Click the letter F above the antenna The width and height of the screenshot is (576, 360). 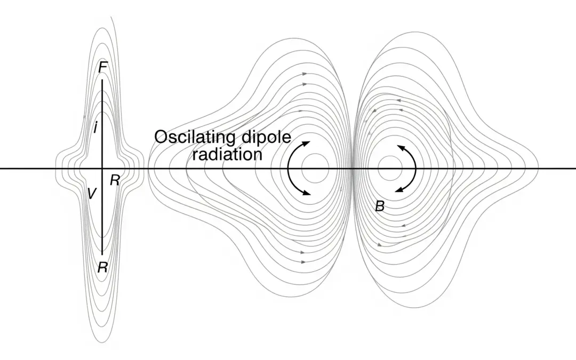103,68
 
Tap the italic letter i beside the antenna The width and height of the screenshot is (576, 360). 95,128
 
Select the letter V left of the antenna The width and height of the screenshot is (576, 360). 91,194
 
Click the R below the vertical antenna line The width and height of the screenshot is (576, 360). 103,267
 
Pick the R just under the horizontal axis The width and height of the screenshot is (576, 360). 115,180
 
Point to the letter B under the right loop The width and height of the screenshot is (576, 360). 380,206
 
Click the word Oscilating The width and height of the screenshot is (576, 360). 194,138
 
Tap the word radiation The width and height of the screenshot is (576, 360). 227,154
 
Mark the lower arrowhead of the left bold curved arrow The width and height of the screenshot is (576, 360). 307,194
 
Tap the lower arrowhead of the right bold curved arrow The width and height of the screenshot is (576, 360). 397,190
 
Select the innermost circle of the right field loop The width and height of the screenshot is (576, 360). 390,169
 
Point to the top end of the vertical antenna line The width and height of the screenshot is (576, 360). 102,80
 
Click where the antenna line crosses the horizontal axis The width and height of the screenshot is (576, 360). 102,169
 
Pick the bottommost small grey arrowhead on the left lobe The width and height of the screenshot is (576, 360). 303,262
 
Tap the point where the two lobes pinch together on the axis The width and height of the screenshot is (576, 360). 353,169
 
